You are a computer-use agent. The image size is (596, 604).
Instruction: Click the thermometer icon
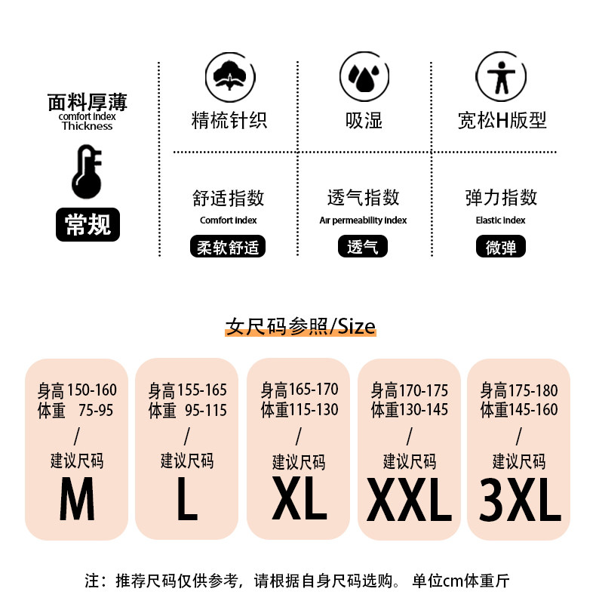[87, 172]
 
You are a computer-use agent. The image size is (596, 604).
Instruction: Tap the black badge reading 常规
[88, 224]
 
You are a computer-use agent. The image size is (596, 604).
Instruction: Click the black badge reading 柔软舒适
[227, 247]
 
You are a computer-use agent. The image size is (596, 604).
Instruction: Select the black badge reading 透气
[362, 247]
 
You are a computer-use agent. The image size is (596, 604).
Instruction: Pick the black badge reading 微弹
[501, 247]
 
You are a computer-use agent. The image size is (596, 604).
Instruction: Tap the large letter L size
[187, 499]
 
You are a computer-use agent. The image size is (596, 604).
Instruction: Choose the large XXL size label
[409, 501]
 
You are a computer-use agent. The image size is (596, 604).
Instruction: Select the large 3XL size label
[520, 501]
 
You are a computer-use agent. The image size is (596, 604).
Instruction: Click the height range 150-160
[92, 390]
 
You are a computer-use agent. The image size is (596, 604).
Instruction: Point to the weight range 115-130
[313, 410]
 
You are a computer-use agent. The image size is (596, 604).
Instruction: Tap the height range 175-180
[533, 390]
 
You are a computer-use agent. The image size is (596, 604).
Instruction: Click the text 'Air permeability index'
[363, 220]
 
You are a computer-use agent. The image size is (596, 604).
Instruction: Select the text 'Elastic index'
[501, 220]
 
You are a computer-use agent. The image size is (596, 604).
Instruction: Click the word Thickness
[87, 126]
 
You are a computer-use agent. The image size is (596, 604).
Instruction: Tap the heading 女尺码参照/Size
[300, 326]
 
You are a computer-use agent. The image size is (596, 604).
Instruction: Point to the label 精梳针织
[229, 121]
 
